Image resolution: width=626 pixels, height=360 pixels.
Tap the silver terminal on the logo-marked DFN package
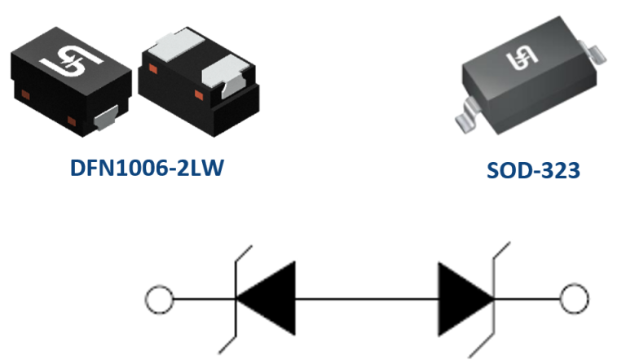[105, 120]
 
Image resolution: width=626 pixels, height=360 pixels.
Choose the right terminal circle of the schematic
[575, 299]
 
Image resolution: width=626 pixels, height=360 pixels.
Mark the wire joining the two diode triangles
[366, 299]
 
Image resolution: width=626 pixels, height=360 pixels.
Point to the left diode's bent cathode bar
[237, 299]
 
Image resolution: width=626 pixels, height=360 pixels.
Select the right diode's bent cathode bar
[495, 299]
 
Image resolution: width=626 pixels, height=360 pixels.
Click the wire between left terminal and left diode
[201, 299]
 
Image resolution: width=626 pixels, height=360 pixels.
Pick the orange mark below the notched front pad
[199, 95]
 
